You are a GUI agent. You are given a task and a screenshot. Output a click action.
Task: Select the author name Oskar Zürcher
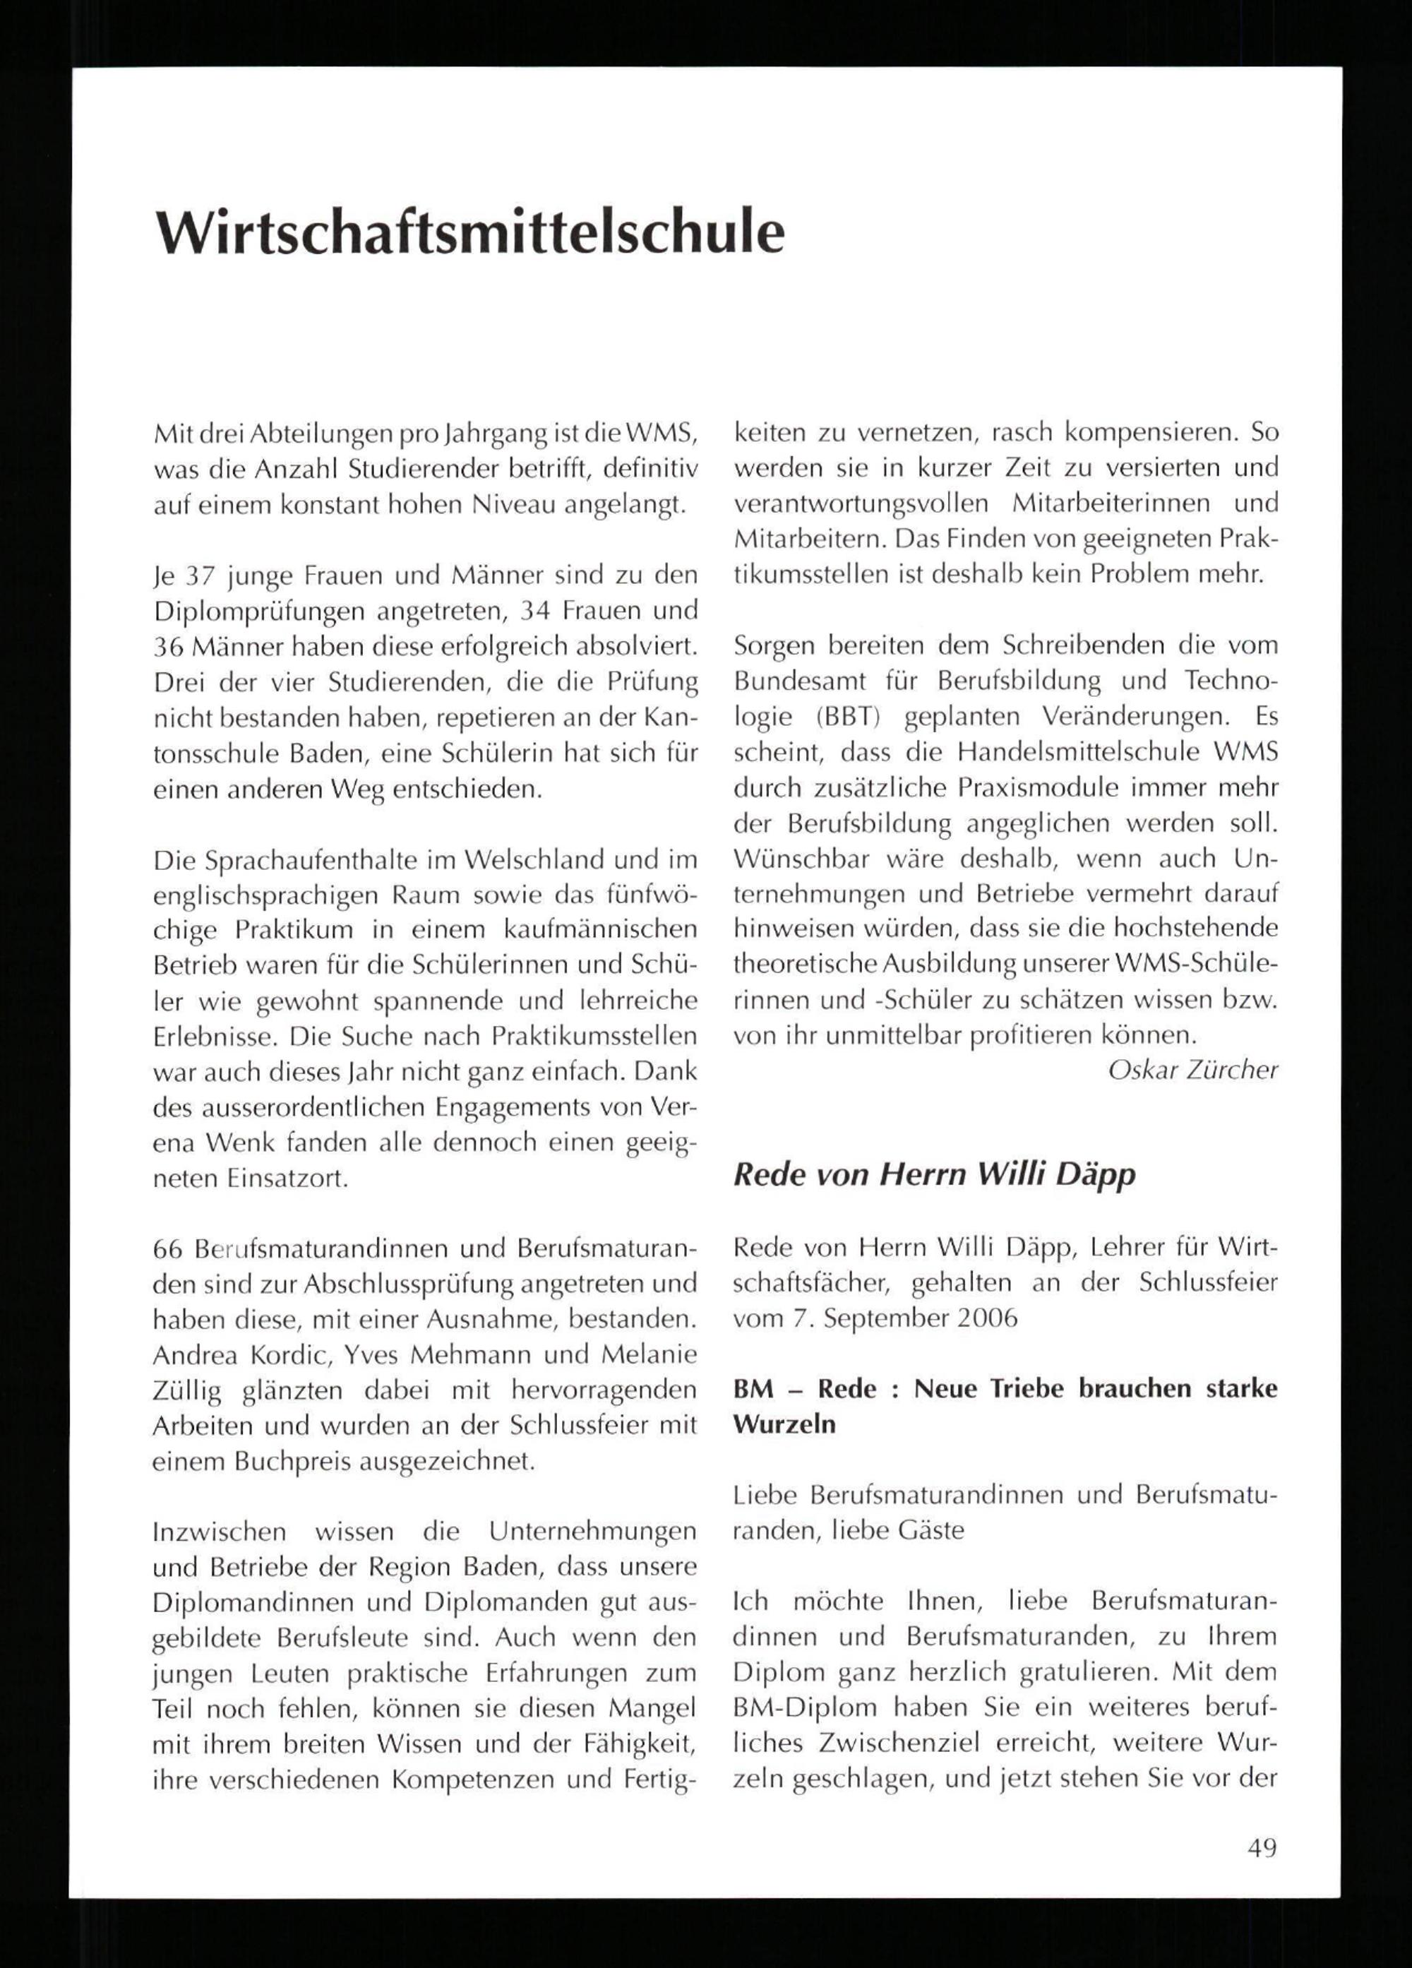1192,1070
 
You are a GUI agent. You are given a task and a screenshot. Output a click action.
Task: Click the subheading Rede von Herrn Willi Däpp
934,1175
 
